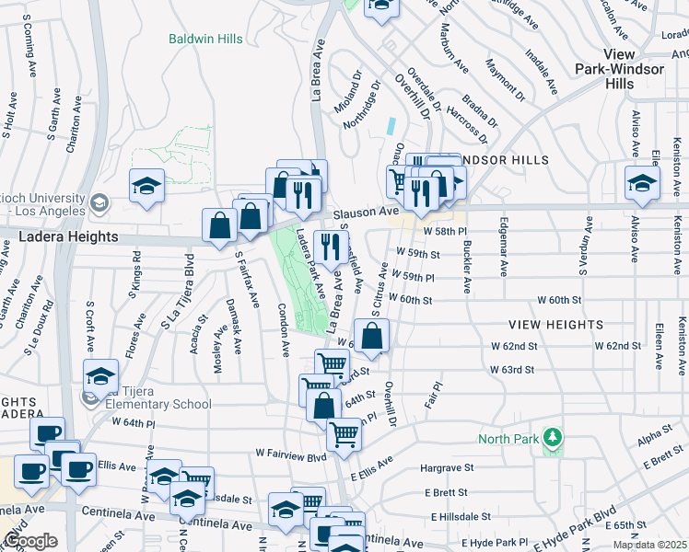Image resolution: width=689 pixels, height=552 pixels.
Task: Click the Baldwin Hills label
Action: pyautogui.click(x=205, y=39)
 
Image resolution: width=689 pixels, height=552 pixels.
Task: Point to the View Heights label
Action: pyautogui.click(x=556, y=325)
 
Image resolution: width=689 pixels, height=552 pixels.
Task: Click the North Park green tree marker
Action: pyautogui.click(x=553, y=438)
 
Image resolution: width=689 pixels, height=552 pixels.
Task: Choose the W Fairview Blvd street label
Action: pyautogui.click(x=291, y=454)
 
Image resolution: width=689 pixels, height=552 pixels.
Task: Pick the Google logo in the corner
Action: pyautogui.click(x=29, y=541)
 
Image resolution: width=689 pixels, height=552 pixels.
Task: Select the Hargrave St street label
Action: pyautogui.click(x=447, y=468)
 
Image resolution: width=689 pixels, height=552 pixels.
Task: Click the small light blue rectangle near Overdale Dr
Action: pyautogui.click(x=393, y=125)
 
